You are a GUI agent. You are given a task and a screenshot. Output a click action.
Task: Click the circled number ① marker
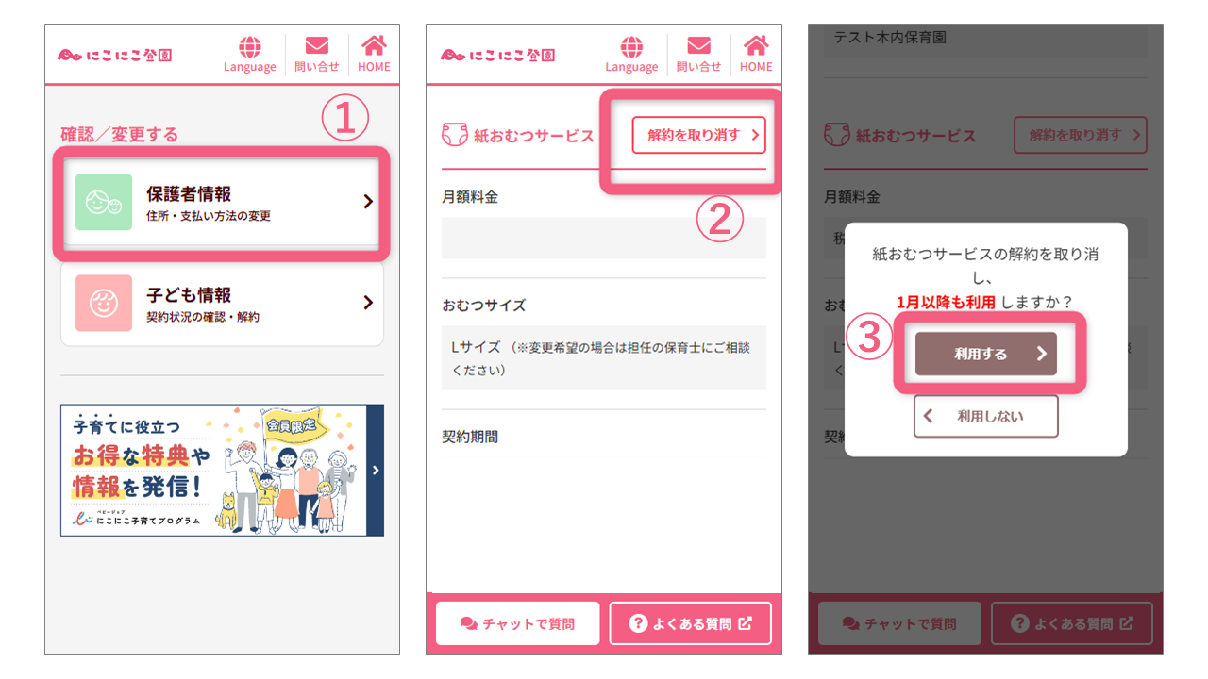pyautogui.click(x=344, y=120)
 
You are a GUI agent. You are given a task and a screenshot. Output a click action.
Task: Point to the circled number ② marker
pyautogui.click(x=719, y=219)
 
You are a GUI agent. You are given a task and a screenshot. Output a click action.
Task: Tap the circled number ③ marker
pyautogui.click(x=869, y=340)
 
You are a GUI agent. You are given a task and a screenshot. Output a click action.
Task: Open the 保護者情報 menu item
pyautogui.click(x=222, y=202)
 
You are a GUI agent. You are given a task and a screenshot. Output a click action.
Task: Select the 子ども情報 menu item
pyautogui.click(x=222, y=303)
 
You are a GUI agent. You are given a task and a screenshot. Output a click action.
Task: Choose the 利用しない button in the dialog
pyautogui.click(x=985, y=416)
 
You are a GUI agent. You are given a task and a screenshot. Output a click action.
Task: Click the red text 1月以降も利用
pyautogui.click(x=946, y=302)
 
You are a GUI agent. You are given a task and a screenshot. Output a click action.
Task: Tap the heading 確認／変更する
pyautogui.click(x=120, y=135)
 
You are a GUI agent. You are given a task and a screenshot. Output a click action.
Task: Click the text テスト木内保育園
pyautogui.click(x=877, y=38)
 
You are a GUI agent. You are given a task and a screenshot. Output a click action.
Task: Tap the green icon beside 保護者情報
pyautogui.click(x=104, y=202)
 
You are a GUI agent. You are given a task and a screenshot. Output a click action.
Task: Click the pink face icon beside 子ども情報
pyautogui.click(x=104, y=303)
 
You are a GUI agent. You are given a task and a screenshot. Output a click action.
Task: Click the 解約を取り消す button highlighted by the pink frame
pyautogui.click(x=698, y=135)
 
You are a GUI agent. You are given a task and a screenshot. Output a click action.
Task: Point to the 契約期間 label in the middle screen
pyautogui.click(x=470, y=437)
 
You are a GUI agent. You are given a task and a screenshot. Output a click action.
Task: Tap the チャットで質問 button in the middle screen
pyautogui.click(x=517, y=623)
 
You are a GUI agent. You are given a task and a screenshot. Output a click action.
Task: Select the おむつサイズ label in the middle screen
pyautogui.click(x=484, y=306)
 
